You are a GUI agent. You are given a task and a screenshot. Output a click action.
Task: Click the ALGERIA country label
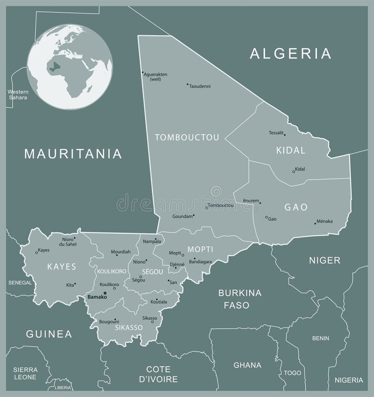click(x=291, y=53)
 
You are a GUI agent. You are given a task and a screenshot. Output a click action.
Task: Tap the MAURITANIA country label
click(x=73, y=153)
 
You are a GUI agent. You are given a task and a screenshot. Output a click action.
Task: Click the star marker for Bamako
click(x=105, y=293)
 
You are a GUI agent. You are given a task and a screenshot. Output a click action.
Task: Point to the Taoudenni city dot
click(x=187, y=85)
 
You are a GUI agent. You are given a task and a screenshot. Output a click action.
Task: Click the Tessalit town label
click(x=276, y=133)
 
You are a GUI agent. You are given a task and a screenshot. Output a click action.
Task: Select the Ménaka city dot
click(x=315, y=223)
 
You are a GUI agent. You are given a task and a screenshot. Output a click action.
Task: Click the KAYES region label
click(x=61, y=267)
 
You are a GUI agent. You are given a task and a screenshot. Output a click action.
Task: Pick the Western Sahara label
click(x=17, y=95)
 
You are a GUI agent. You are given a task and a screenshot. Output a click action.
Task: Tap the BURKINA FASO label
click(x=240, y=299)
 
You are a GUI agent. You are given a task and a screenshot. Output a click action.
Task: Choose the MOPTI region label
click(x=200, y=249)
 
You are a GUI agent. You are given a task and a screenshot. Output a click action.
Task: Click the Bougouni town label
click(x=108, y=322)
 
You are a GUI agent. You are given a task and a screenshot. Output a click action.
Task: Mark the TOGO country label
click(x=292, y=373)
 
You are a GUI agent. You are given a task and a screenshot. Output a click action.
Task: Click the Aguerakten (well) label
click(x=156, y=77)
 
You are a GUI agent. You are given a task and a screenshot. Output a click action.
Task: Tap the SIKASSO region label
click(x=129, y=328)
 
